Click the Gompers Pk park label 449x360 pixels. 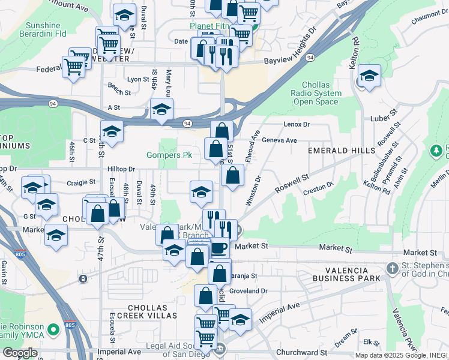coord(169,155)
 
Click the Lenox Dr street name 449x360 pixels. coord(298,124)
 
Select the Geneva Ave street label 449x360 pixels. coord(282,140)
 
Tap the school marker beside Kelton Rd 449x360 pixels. coord(369,76)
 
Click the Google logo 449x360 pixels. coord(20,353)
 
